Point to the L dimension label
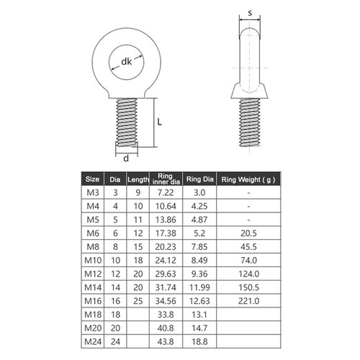pos(159,122)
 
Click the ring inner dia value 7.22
pos(166,193)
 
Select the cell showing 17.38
pos(166,233)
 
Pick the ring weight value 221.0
pos(248,300)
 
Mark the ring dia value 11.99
pos(198,286)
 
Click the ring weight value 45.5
pos(248,246)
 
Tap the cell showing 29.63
pos(166,273)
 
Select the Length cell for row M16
pos(138,300)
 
